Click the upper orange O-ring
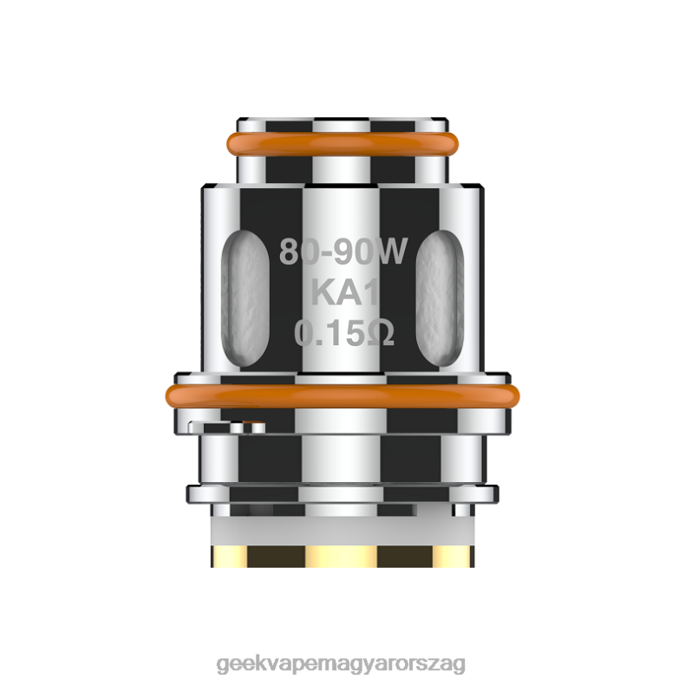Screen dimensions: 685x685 (342, 143)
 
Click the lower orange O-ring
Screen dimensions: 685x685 (342, 396)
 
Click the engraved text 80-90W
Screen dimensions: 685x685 (343, 251)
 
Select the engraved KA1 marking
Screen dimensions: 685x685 (345, 292)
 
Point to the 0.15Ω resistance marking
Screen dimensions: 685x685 (344, 332)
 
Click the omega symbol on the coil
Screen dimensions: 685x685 (381, 332)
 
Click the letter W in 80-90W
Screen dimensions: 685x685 (389, 251)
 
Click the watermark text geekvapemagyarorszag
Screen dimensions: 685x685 (341, 664)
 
